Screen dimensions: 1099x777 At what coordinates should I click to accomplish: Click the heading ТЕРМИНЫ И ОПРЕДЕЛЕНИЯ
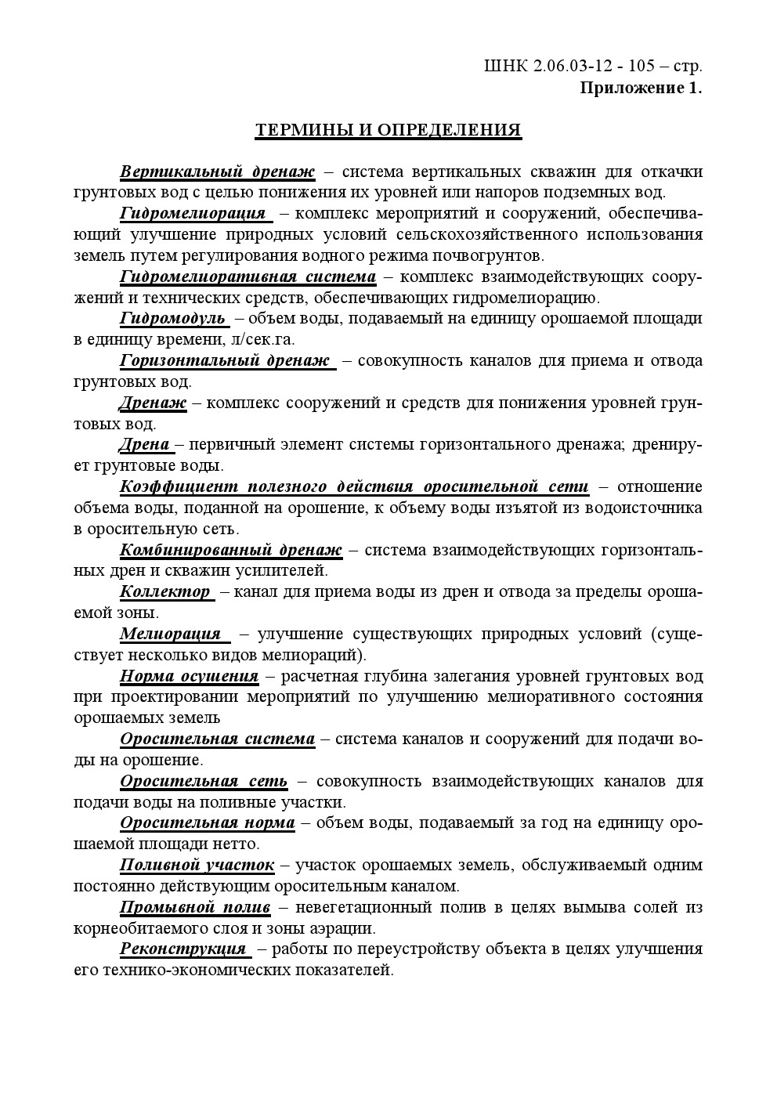(x=388, y=130)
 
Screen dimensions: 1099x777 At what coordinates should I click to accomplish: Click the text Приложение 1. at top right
(x=641, y=87)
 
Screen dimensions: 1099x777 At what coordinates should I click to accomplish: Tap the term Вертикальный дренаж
(x=217, y=172)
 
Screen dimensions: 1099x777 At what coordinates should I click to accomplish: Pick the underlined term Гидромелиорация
(x=193, y=213)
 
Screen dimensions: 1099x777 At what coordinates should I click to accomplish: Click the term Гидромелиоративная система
(x=248, y=277)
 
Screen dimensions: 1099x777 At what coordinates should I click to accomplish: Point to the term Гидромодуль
(x=172, y=318)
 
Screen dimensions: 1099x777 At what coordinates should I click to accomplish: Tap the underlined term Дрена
(x=145, y=444)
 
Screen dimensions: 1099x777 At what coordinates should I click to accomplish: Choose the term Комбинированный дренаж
(x=230, y=549)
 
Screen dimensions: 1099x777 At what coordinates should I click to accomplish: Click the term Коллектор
(x=165, y=591)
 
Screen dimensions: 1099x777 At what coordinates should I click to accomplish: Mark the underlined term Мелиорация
(x=170, y=634)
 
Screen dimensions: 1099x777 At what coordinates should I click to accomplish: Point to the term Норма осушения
(x=189, y=675)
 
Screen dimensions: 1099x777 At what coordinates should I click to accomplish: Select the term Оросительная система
(x=217, y=739)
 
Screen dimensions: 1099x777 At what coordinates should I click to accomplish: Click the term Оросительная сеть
(x=204, y=781)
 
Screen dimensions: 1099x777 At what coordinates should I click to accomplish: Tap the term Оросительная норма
(x=207, y=822)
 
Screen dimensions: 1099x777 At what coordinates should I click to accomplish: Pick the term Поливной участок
(x=197, y=865)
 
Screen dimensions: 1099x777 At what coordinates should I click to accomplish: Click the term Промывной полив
(x=195, y=907)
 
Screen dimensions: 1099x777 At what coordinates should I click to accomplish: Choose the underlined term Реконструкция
(x=183, y=949)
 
